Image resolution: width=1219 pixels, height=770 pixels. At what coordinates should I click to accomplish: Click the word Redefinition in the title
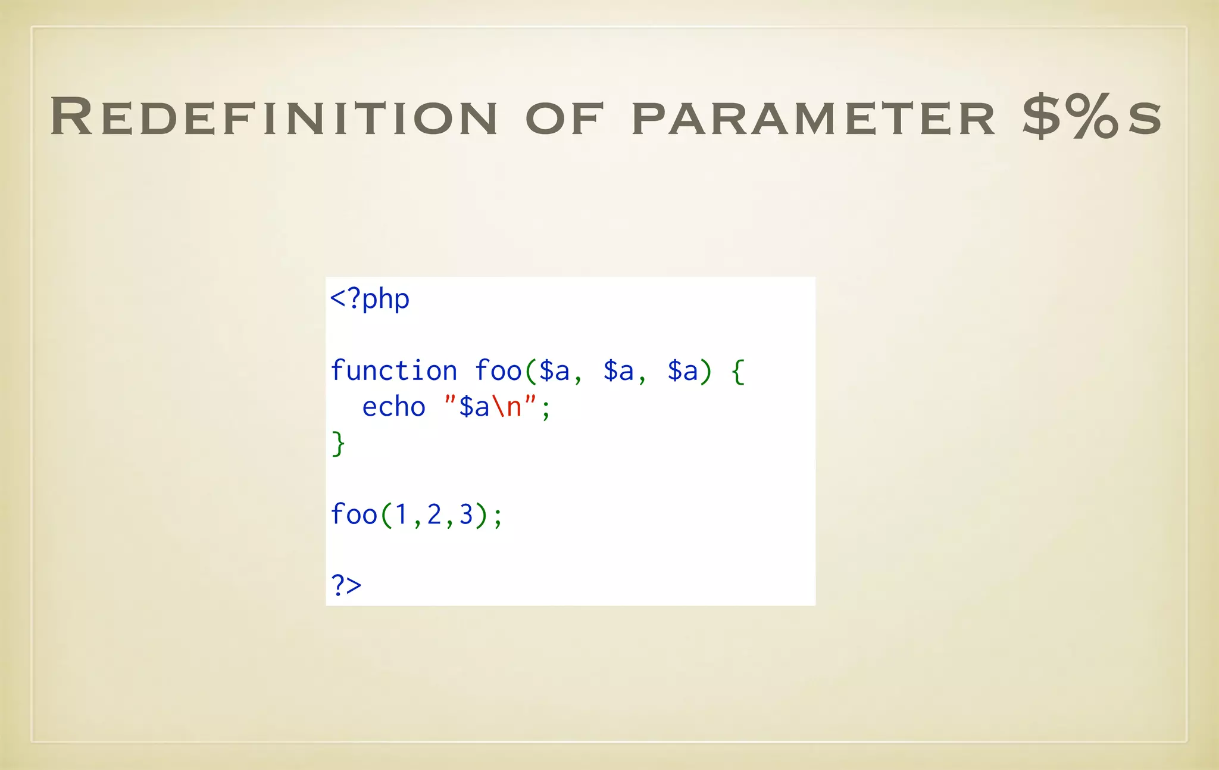tap(274, 117)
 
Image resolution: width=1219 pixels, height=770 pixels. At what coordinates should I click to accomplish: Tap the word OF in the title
tap(564, 119)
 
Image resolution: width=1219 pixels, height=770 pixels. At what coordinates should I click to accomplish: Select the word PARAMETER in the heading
tap(813, 119)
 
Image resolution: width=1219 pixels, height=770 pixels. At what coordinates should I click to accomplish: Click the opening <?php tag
tap(370, 298)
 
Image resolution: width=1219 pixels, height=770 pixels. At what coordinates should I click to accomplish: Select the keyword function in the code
tap(394, 371)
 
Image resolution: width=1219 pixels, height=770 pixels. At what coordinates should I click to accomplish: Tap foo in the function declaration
tap(498, 371)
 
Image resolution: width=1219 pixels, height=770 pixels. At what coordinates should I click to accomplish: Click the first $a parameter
tap(554, 371)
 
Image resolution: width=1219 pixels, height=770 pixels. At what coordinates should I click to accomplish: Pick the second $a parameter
tap(618, 371)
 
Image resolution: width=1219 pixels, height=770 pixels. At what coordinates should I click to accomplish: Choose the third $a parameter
tap(683, 371)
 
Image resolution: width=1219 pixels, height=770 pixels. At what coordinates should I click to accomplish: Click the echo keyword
tap(394, 407)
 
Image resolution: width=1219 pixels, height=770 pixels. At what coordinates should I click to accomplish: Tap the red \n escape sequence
tap(506, 407)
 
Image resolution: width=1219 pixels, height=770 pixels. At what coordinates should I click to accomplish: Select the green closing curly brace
tap(338, 444)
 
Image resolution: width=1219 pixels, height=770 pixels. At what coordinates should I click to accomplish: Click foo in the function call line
tap(354, 515)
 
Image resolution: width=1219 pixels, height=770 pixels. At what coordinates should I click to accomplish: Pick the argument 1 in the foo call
tap(402, 515)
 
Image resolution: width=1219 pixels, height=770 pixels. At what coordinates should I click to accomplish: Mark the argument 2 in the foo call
tap(434, 515)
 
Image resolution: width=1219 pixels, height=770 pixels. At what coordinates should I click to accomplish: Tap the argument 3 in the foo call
tap(466, 515)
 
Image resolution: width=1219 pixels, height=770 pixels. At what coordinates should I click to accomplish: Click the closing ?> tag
tap(346, 585)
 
